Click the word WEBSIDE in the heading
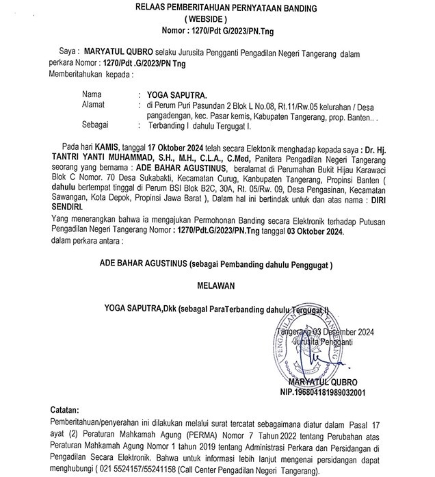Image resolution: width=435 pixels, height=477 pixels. pyautogui.click(x=218, y=18)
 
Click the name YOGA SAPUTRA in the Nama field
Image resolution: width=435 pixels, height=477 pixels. pyautogui.click(x=166, y=92)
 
